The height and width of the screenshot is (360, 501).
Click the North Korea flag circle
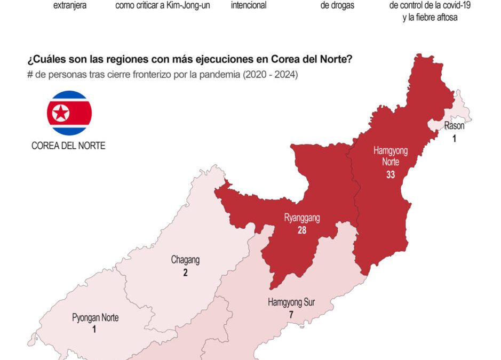pos(69,113)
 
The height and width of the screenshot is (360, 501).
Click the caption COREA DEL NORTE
pos(68,146)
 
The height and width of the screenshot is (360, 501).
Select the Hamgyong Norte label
pos(391,156)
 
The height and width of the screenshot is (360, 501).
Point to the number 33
pos(391,174)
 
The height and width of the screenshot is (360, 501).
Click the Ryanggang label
pos(302,218)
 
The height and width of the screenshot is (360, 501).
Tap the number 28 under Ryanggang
pos(302,230)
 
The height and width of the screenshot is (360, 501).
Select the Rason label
pos(454,126)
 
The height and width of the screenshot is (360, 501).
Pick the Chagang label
pos(185,260)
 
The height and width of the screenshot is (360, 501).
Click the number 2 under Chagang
pos(185,273)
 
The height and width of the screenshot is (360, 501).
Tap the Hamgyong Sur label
pos(291,303)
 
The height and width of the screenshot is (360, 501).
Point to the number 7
pos(291,315)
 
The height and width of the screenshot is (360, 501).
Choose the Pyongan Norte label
pos(95,318)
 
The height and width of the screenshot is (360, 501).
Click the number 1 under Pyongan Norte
pos(94,330)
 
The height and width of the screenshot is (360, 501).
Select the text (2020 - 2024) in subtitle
pos(270,75)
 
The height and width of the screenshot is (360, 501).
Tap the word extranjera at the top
pos(70,6)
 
